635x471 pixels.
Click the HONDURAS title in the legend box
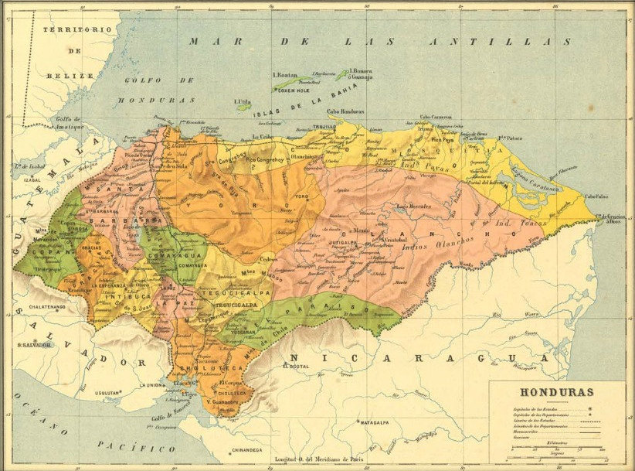tap(556, 392)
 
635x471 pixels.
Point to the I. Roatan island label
tap(287, 74)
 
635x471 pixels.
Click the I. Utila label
tap(242, 101)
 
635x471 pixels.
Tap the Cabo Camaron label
tap(436, 118)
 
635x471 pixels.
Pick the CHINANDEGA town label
tap(246, 449)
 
